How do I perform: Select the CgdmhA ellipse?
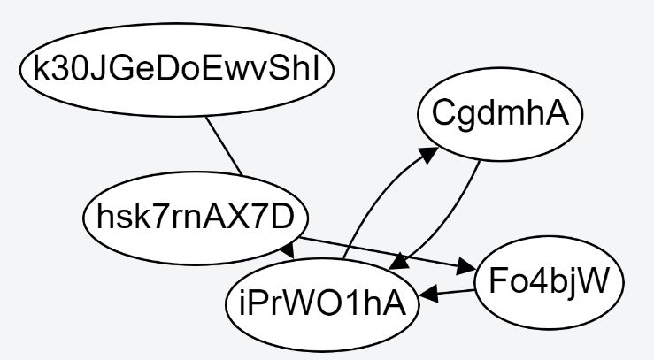(499, 115)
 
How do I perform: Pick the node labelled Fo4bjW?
(549, 282)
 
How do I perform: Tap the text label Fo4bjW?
(549, 282)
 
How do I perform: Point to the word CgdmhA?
(499, 115)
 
